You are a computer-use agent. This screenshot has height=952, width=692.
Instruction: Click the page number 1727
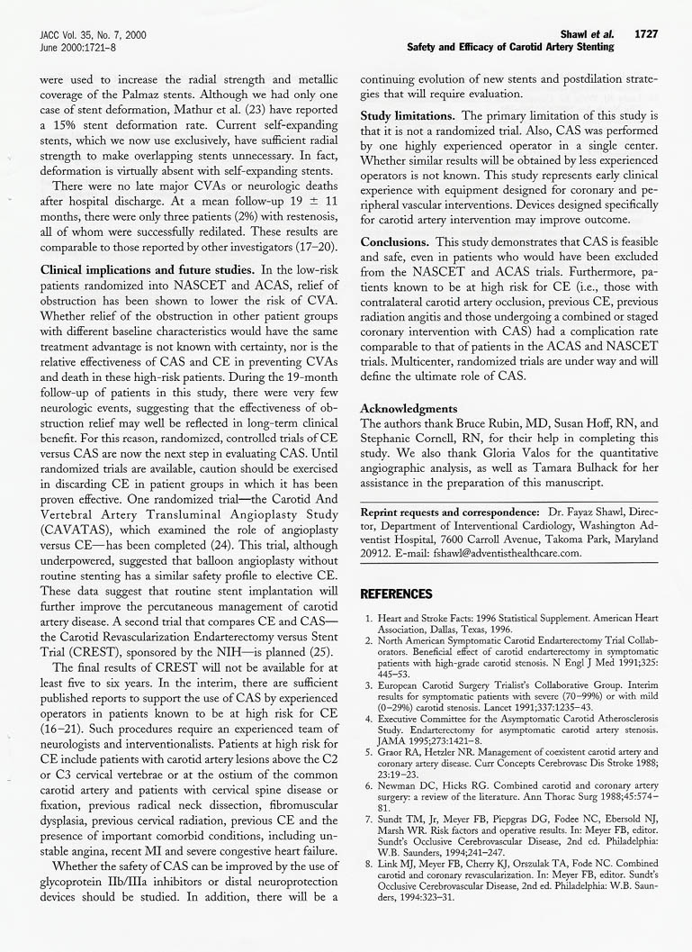[x=645, y=34]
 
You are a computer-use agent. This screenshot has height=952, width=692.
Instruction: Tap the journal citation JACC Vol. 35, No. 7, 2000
[x=93, y=34]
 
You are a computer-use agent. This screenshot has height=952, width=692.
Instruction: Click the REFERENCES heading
[x=396, y=594]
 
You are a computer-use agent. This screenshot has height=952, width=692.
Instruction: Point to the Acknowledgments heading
[x=409, y=408]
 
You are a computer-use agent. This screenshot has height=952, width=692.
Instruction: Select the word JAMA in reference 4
[x=391, y=747]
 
